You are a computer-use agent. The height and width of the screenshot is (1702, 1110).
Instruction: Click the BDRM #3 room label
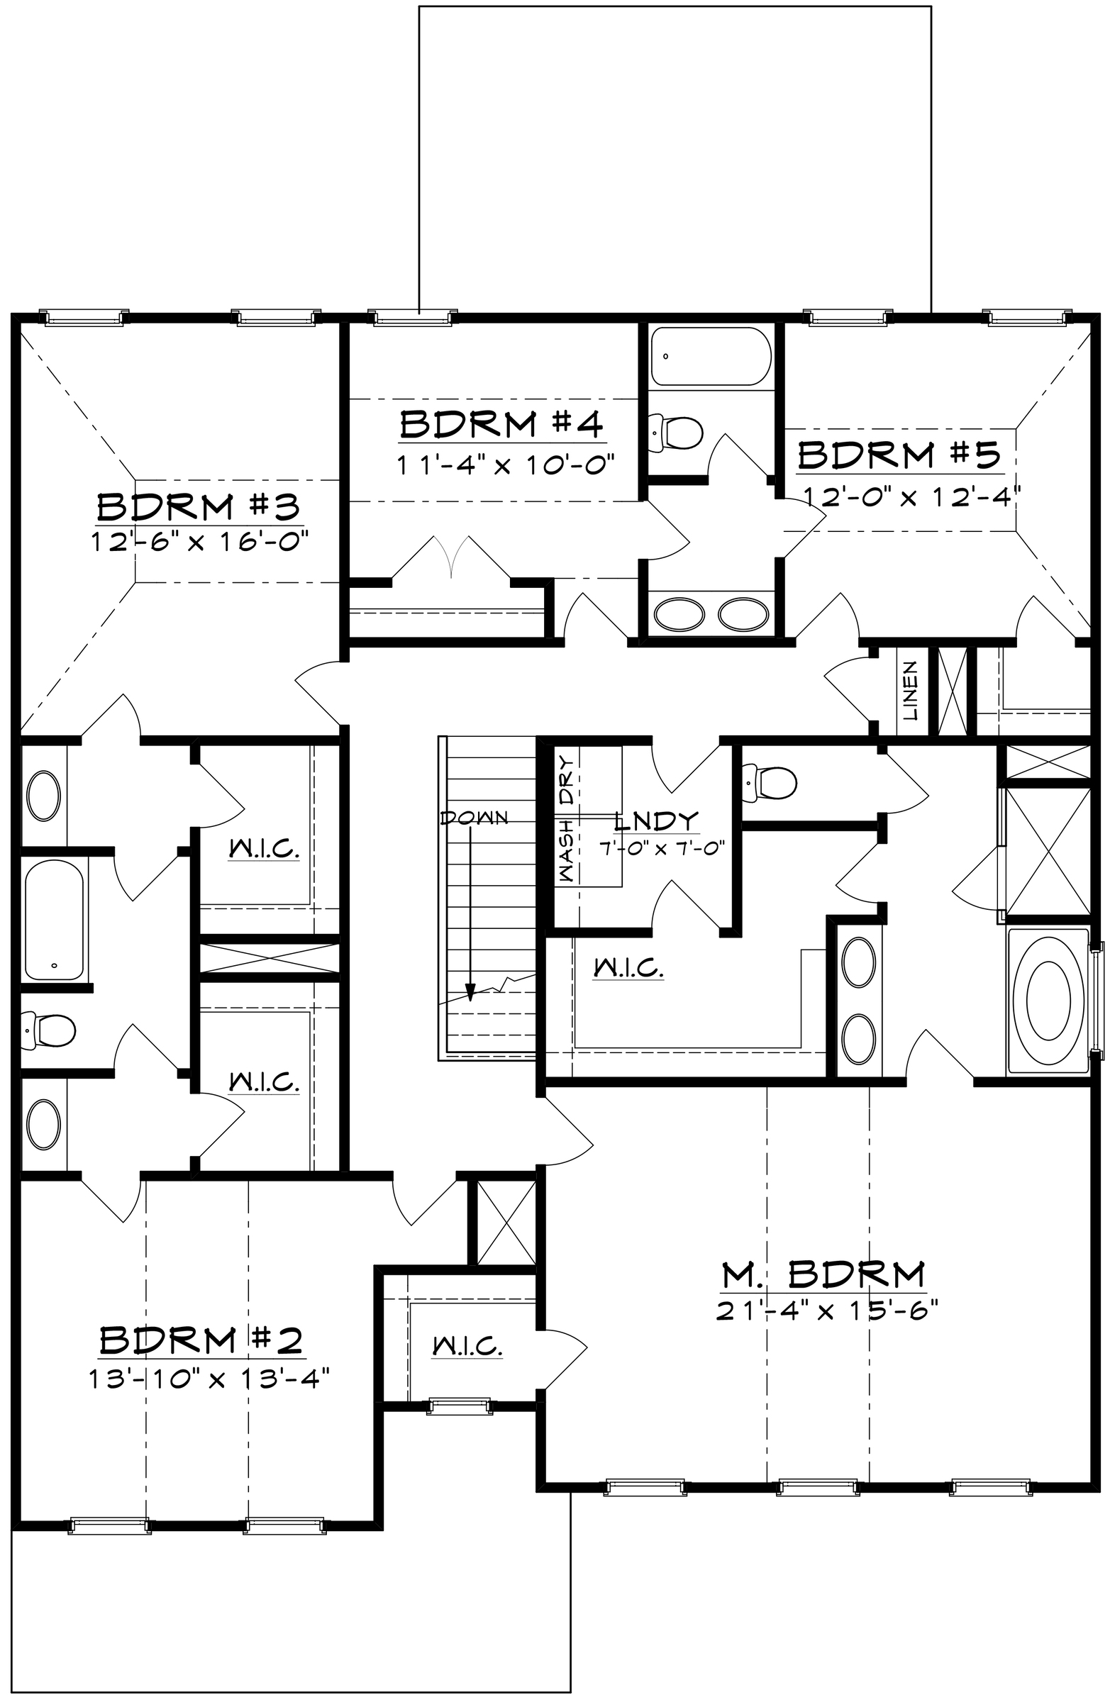coord(198,507)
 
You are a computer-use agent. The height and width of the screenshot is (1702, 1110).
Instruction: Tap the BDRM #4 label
coord(501,424)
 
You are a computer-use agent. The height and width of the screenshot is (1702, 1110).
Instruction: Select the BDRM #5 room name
coord(899,455)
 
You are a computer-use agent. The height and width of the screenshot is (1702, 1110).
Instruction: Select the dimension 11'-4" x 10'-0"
coord(506,465)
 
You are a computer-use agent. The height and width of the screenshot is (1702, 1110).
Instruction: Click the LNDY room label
coord(657,821)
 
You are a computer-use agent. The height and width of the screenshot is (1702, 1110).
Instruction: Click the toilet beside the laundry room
coord(770,782)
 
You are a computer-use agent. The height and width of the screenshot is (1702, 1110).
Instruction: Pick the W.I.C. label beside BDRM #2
coord(467,1347)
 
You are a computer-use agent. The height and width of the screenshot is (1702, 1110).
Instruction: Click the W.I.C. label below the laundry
coord(628,968)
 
